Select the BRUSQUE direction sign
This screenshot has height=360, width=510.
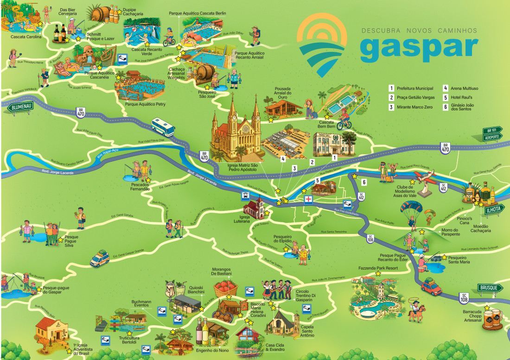(x=490, y=287)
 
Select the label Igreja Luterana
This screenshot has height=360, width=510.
(x=245, y=218)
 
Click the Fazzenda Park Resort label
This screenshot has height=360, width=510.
(x=378, y=268)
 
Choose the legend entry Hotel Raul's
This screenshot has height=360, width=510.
(x=457, y=97)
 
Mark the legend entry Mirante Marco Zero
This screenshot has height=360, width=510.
(x=413, y=107)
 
